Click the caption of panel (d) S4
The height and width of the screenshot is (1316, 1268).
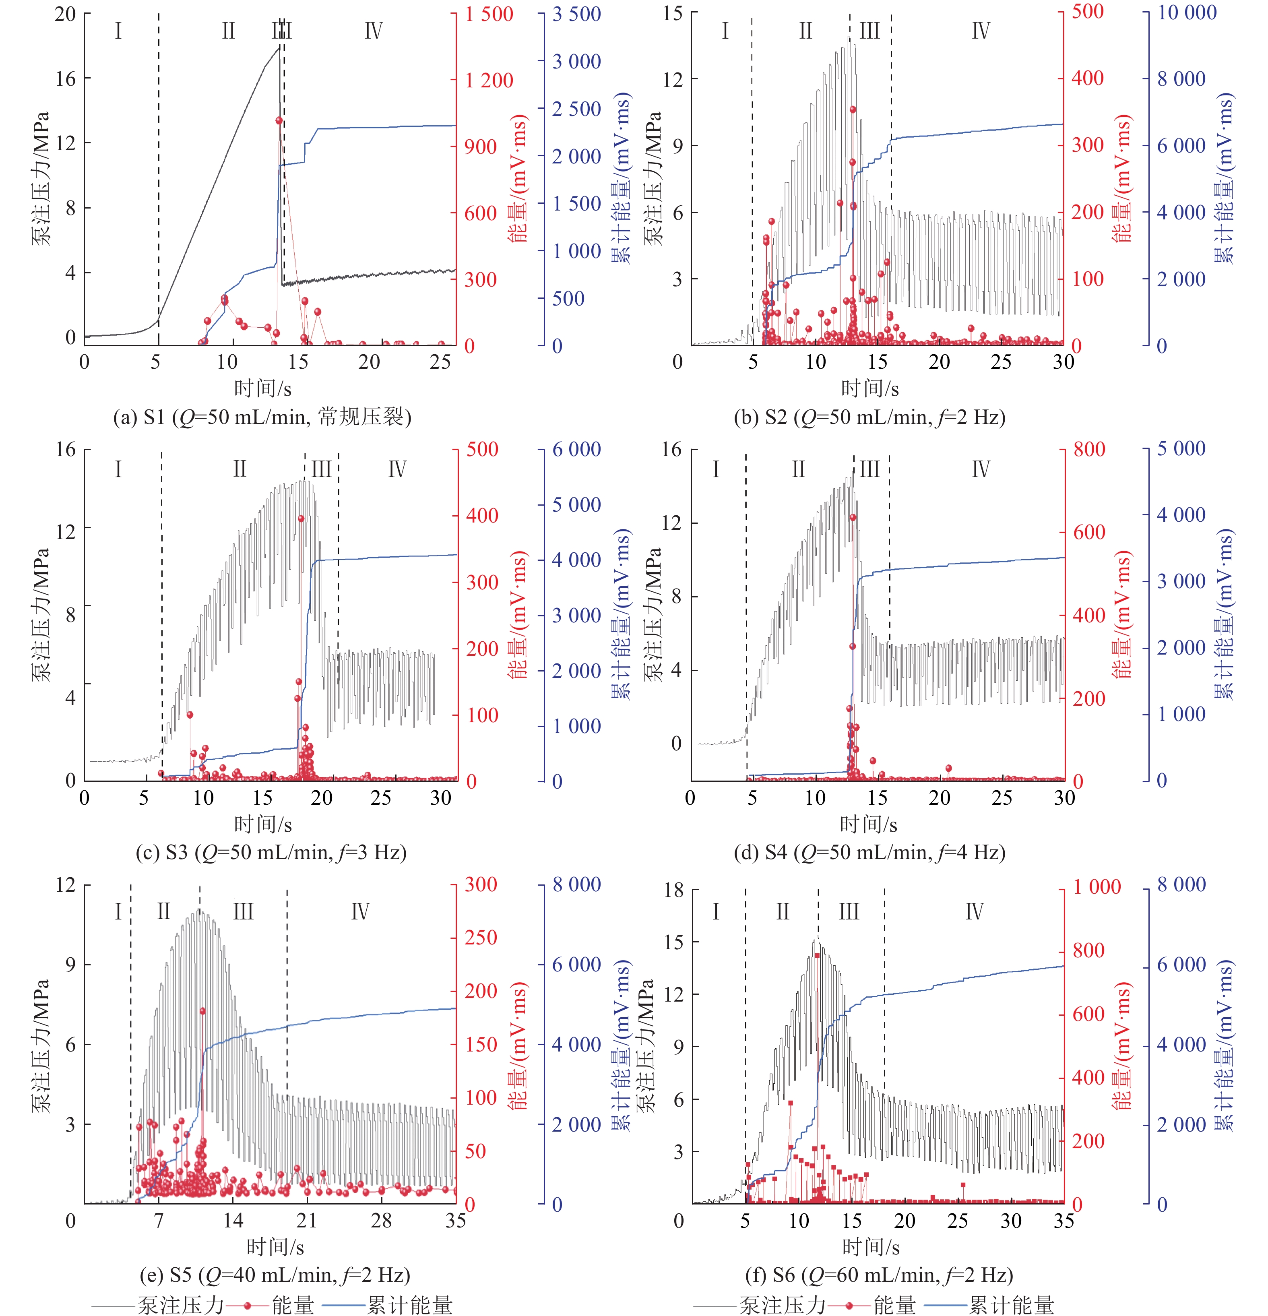click(x=869, y=853)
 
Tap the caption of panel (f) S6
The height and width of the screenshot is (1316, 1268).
click(x=879, y=1275)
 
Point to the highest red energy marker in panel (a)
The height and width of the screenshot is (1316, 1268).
click(x=279, y=121)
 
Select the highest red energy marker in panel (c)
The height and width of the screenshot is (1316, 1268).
click(x=301, y=519)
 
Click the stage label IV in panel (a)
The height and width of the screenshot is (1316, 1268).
click(x=373, y=31)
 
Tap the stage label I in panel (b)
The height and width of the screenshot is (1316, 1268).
click(x=725, y=31)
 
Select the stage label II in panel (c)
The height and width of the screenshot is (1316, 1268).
click(x=240, y=469)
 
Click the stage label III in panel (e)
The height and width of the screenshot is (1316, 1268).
click(x=243, y=912)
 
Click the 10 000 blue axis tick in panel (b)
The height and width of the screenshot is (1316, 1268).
click(x=1187, y=13)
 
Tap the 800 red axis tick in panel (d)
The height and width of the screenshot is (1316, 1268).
click(x=1089, y=449)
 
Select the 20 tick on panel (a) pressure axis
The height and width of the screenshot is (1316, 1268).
click(x=65, y=14)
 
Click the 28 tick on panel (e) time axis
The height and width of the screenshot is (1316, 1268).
click(x=381, y=1220)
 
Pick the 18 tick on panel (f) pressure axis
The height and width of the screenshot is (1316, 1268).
click(x=674, y=891)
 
